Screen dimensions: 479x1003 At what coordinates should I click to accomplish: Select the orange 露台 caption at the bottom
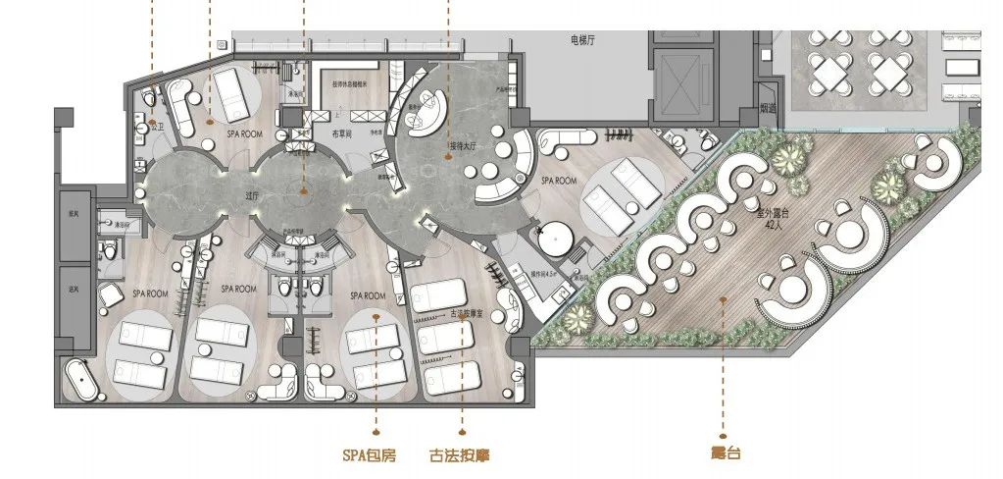[724, 453]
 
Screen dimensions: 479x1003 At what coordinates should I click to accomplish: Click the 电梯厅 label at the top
[585, 41]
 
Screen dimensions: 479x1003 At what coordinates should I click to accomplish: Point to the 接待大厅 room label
[464, 147]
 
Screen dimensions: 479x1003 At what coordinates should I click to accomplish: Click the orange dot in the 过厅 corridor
[303, 190]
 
